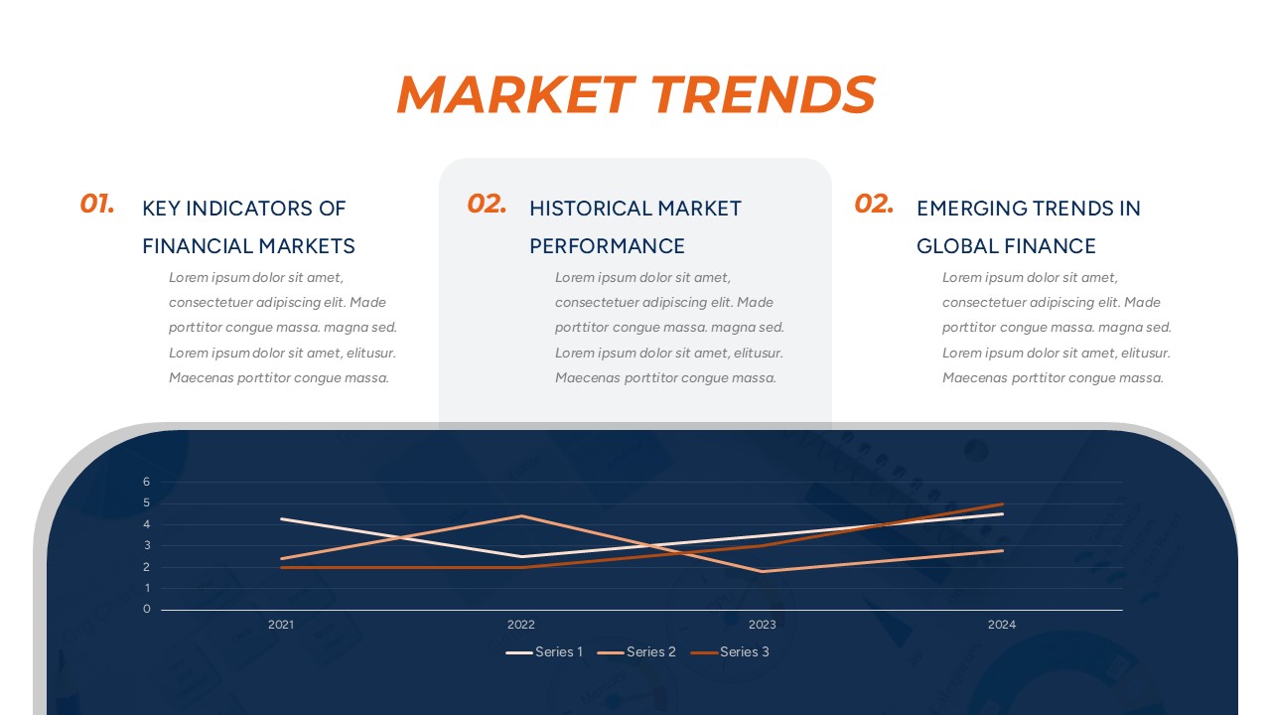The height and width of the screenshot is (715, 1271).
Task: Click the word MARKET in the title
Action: [x=514, y=95]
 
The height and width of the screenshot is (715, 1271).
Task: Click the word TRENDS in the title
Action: [x=763, y=95]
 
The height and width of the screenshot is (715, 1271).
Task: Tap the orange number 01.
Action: [x=97, y=205]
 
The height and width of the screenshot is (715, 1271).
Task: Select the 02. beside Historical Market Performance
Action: [x=487, y=205]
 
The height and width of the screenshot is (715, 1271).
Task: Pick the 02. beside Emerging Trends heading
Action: [x=874, y=205]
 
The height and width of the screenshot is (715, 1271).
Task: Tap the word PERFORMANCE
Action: [x=607, y=246]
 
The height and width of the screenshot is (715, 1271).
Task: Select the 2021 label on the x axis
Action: [x=281, y=625]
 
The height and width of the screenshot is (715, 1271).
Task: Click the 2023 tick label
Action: [x=762, y=625]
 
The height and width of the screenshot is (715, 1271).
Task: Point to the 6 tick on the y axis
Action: [x=146, y=482]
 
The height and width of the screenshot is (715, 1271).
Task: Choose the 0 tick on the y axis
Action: [x=146, y=610]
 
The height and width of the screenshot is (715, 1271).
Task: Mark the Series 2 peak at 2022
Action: [x=521, y=516]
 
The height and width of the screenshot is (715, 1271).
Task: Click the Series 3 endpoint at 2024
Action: [x=1002, y=504]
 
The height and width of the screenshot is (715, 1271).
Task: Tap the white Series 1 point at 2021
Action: [x=281, y=519]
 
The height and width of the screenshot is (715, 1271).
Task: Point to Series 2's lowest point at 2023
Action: [x=762, y=572]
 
